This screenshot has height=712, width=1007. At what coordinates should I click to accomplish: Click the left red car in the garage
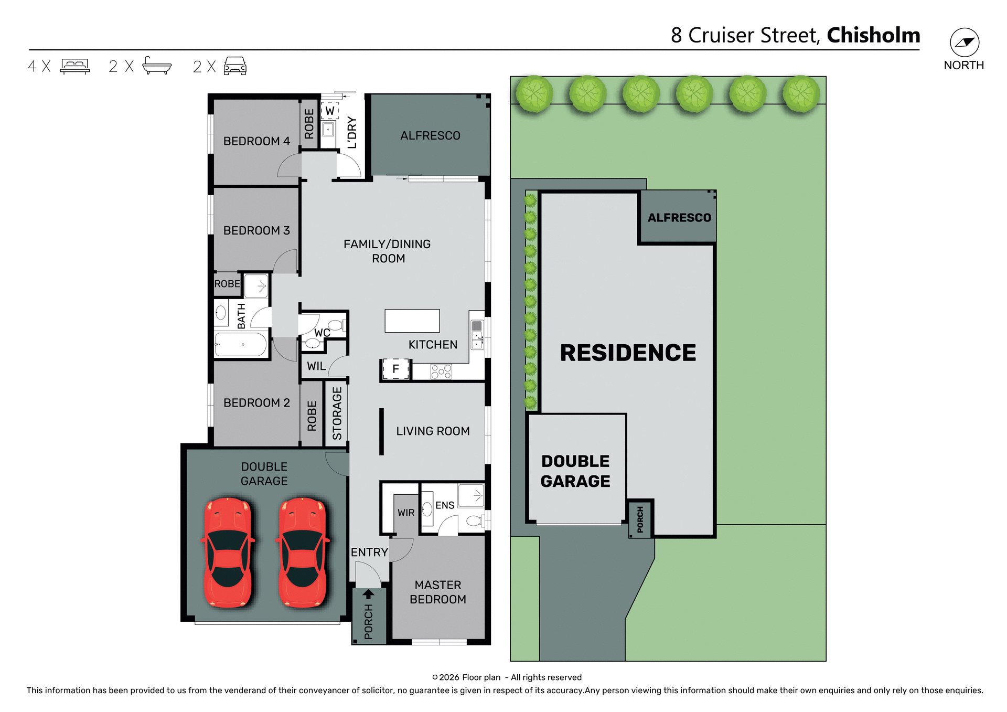point(228,552)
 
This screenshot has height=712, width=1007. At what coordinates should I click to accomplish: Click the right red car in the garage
point(303,552)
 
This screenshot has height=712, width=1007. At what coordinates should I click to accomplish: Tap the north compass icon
point(964,42)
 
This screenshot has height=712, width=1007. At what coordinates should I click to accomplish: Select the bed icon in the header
point(75,66)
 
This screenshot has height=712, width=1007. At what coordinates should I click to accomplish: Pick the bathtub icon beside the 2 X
point(157,66)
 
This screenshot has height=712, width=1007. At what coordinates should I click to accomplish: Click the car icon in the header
point(235,66)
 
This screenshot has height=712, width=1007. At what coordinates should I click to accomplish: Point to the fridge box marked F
point(395,369)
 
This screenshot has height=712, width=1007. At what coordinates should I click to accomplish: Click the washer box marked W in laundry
point(330,111)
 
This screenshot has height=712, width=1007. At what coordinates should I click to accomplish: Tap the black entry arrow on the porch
point(369,594)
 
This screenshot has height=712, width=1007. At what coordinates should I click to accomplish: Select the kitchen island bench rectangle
point(412,321)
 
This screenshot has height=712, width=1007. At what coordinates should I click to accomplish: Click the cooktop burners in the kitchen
point(441,371)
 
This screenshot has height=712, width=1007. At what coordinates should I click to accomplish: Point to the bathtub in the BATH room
point(241,345)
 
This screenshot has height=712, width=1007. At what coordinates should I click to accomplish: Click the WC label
point(322,333)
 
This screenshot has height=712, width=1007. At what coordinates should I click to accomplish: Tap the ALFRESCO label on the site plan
point(679,218)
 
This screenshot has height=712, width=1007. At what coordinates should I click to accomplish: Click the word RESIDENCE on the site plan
point(628,353)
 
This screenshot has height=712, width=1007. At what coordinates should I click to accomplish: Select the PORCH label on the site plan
point(640,519)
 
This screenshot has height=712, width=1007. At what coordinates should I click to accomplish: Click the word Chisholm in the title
point(873,35)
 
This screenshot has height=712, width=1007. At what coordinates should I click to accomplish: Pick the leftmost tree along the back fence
point(534,94)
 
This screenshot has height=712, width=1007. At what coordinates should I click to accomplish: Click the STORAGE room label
point(337,413)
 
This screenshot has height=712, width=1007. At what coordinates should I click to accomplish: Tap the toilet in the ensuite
point(475,520)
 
